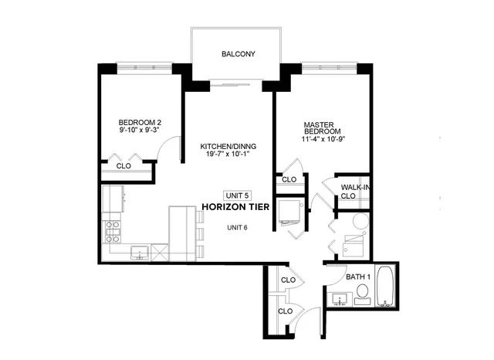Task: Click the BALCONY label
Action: pyautogui.click(x=238, y=54)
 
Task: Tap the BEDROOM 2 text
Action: pyautogui.click(x=140, y=122)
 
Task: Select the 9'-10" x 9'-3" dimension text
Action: pyautogui.click(x=140, y=131)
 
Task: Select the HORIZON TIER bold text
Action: pyautogui.click(x=237, y=207)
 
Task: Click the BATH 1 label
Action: pyautogui.click(x=358, y=276)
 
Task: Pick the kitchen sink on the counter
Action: pyautogui.click(x=140, y=251)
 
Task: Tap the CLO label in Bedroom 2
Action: pyautogui.click(x=123, y=166)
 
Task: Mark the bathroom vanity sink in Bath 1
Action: pyautogui.click(x=339, y=298)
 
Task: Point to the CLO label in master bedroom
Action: pyautogui.click(x=289, y=179)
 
